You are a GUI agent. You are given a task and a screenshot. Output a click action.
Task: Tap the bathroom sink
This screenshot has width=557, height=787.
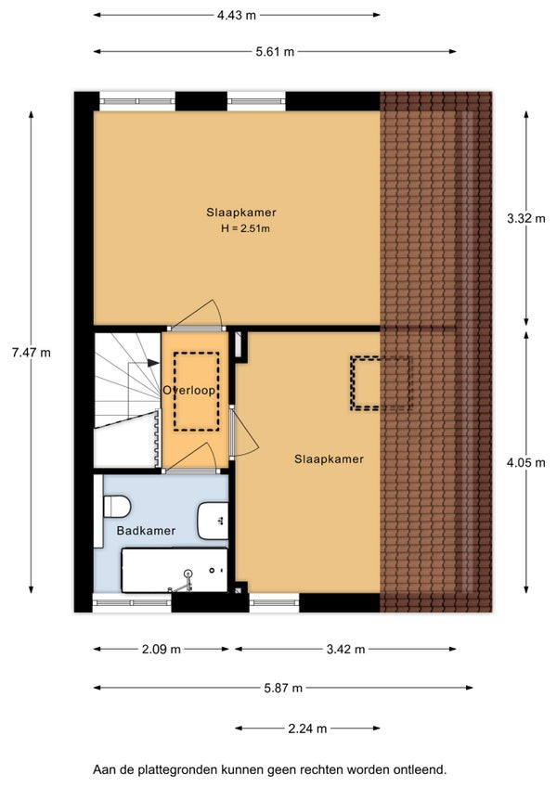[x=213, y=520]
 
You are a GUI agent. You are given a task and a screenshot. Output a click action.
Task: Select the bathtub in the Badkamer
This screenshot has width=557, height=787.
[x=175, y=570]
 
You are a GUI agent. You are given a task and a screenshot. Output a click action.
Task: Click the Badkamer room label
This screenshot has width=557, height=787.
[x=146, y=531]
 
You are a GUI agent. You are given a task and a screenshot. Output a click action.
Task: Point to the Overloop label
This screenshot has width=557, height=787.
[x=188, y=390]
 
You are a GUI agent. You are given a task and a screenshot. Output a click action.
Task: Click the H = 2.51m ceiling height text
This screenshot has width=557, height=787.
[x=245, y=228]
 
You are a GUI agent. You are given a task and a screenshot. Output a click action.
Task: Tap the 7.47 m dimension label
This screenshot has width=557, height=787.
[x=32, y=353]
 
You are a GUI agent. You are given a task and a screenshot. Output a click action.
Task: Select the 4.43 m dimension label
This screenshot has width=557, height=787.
[x=237, y=15]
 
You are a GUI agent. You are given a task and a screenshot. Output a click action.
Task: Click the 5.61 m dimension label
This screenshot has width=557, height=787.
[x=275, y=51]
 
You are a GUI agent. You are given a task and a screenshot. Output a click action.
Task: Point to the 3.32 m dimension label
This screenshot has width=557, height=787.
[x=525, y=218]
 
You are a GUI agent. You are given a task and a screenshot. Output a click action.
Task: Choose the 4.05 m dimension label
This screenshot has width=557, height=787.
[x=525, y=462]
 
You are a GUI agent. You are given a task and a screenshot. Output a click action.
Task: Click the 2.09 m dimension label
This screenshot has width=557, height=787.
[x=162, y=649]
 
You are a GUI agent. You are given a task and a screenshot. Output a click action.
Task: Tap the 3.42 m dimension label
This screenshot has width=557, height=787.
[x=345, y=649]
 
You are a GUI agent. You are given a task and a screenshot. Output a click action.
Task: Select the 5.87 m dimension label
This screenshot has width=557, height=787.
[x=283, y=688]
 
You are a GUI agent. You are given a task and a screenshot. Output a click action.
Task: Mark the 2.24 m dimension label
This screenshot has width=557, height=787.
[x=307, y=728]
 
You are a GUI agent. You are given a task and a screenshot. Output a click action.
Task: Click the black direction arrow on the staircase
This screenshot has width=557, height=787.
[x=153, y=362]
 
